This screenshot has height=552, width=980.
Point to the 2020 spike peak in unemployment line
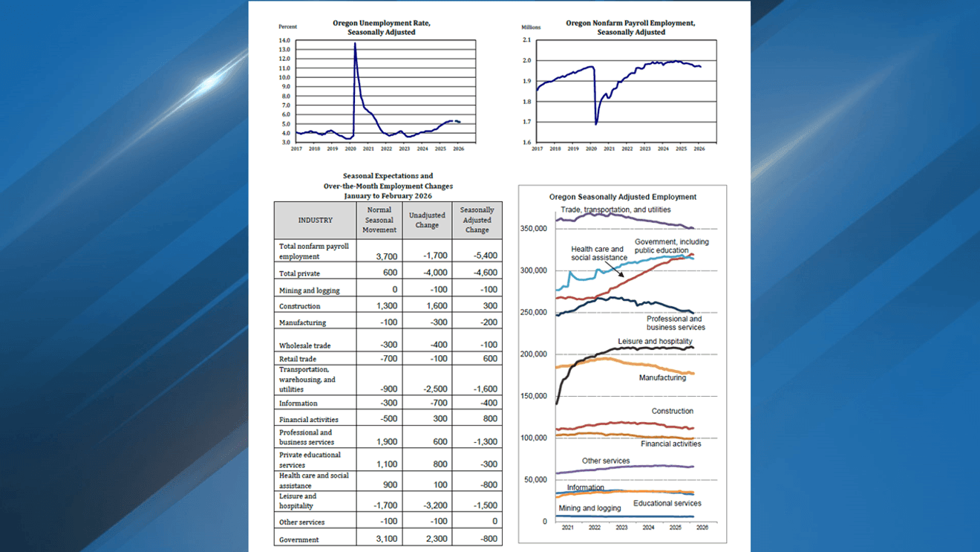355,43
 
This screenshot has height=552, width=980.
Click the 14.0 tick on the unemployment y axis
284,40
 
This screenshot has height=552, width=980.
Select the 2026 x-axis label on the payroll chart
699,149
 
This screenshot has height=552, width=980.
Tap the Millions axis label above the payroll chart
532,27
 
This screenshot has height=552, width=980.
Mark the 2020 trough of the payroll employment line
596,123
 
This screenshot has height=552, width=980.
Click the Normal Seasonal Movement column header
379,220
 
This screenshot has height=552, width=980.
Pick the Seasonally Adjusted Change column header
477,220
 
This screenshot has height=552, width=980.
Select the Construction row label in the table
300,306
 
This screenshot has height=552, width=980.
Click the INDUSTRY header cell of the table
316,220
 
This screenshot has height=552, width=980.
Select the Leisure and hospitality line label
655,342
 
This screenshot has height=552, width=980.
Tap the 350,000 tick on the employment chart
534,228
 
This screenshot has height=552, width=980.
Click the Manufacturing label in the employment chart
662,377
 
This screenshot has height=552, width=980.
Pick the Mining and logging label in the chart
589,508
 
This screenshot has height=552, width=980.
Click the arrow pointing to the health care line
618,272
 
